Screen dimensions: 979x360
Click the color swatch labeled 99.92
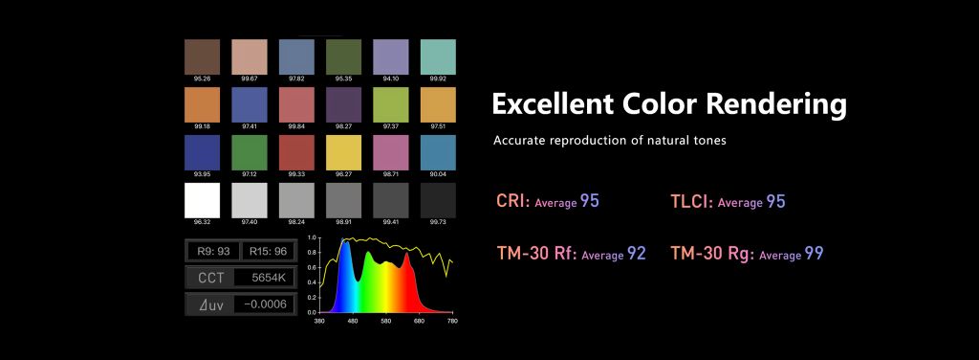pos(438,57)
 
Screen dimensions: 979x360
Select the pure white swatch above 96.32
pos(203,200)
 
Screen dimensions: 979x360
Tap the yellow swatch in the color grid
pos(343,152)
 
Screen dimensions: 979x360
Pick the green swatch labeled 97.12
pos(250,152)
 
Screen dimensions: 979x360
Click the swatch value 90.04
pos(438,174)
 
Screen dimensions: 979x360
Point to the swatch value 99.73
pos(438,222)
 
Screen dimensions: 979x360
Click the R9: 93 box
pos(213,251)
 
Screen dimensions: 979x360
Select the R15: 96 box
pos(268,251)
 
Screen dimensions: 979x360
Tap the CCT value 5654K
pos(269,278)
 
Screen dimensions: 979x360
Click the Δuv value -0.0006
pos(266,304)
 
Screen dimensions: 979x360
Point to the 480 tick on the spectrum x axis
pos(353,321)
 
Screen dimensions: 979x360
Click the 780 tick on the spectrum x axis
pos(452,321)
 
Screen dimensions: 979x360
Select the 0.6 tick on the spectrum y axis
pos(313,268)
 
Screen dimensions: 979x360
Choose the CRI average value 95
pos(589,201)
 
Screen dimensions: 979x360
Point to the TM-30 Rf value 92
pos(636,253)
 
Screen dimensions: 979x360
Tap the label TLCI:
pos(692,201)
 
